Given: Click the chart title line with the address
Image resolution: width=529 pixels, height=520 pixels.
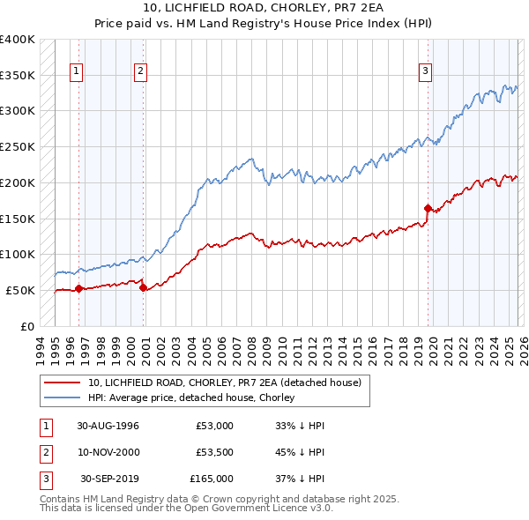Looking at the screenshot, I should pos(264,8).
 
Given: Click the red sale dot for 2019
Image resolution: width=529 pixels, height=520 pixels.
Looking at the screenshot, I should pos(428,208).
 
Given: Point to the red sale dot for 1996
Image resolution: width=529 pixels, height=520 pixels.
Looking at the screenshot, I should pos(78,288).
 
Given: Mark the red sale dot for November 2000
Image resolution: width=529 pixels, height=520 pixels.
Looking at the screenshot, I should pos(143,287).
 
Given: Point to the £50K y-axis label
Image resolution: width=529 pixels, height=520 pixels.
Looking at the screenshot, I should pos(19,290).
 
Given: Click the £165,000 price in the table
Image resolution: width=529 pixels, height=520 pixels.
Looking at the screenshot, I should pos(211,479).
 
